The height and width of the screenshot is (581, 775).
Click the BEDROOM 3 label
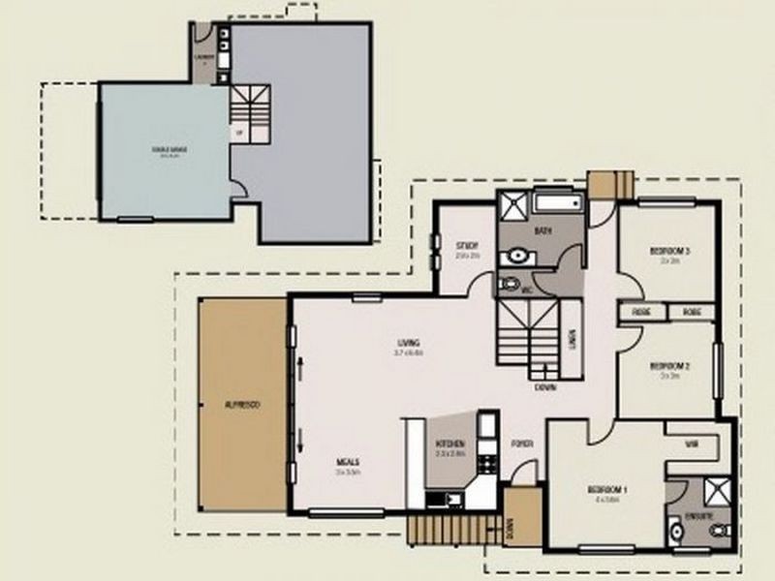pyautogui.click(x=668, y=251)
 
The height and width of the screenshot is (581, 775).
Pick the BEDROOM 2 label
pyautogui.click(x=668, y=365)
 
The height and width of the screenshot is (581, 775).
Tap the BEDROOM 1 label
pyautogui.click(x=607, y=489)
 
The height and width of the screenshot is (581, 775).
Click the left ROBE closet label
pyautogui.click(x=640, y=312)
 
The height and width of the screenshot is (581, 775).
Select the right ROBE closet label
pyautogui.click(x=691, y=312)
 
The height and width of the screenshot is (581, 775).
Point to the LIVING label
pyautogui.click(x=408, y=343)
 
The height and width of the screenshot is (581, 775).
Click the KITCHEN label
pyautogui.click(x=450, y=443)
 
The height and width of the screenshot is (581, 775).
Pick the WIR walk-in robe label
pyautogui.click(x=692, y=443)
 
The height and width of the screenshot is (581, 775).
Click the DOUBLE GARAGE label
pyautogui.click(x=169, y=149)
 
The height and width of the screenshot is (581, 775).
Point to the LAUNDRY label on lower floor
pyautogui.click(x=203, y=56)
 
